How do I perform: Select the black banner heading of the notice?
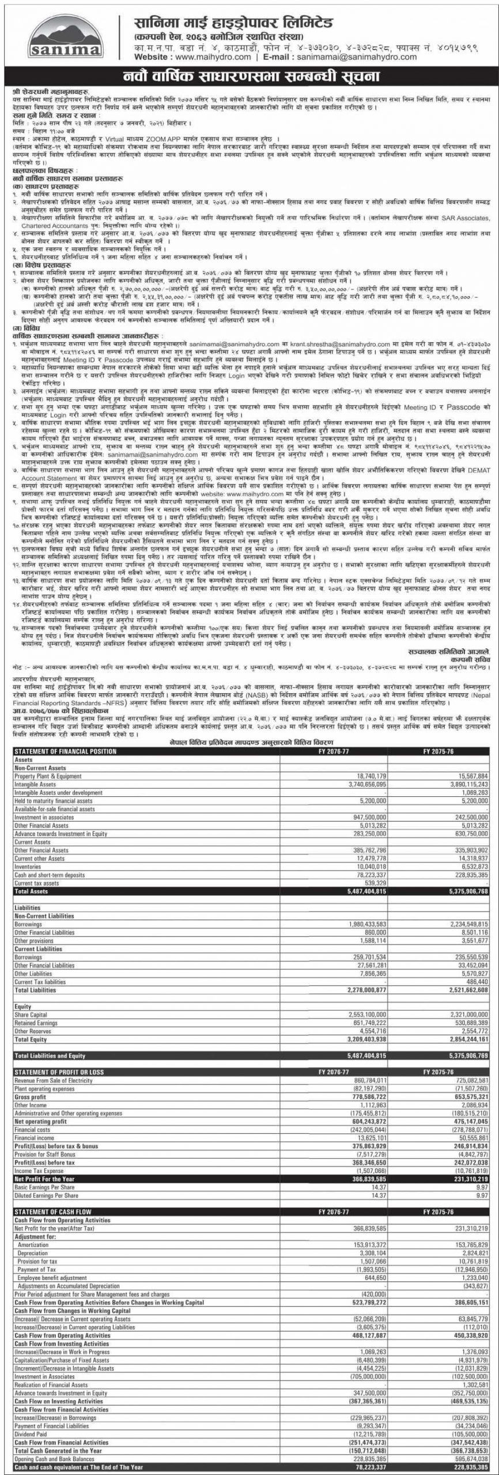pos(250,76)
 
